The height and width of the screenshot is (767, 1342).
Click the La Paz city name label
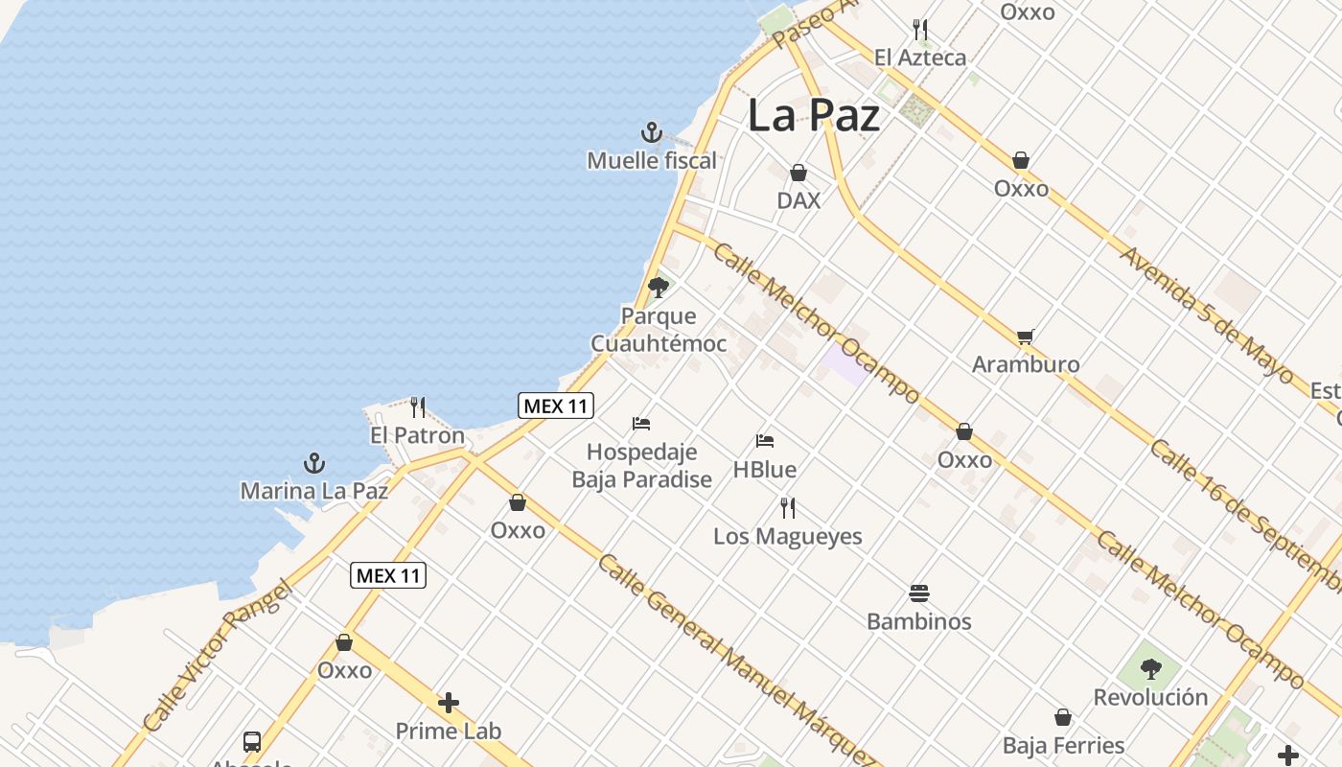813,116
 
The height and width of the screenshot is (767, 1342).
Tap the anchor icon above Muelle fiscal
652,132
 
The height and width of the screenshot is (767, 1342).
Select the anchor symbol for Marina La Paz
314,464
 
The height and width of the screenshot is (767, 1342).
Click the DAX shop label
798,200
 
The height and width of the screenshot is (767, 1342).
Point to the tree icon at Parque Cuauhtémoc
658,287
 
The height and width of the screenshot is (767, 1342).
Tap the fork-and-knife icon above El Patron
417,407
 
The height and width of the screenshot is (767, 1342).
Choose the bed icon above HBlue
764,441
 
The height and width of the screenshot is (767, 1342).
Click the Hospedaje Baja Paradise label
641,465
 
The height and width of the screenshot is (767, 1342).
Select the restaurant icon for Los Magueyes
787,508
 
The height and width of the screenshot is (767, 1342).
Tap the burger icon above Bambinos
918,593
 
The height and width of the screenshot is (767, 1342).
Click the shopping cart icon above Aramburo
1025,337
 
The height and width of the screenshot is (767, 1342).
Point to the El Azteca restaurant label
920,58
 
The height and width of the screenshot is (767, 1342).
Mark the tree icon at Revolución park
1150,668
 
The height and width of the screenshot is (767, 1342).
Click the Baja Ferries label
1063,745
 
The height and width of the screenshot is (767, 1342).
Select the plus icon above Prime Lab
448,704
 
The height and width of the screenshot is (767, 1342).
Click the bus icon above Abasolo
251,741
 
